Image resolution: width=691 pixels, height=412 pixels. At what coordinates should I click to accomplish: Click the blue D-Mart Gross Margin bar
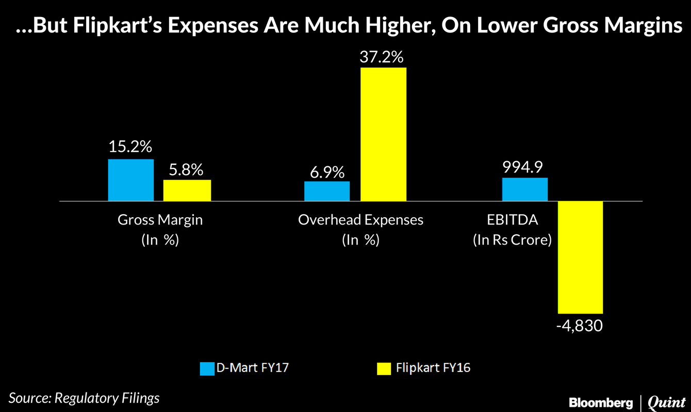coord(131,180)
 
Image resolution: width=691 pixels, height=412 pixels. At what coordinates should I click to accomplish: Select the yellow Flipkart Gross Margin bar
coord(187,190)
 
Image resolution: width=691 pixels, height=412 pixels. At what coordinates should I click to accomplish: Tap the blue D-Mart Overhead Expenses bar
coord(327,191)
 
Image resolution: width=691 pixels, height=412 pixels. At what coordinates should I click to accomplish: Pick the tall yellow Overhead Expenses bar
coord(383,134)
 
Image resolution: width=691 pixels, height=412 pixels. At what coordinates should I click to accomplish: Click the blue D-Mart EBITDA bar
coord(525,189)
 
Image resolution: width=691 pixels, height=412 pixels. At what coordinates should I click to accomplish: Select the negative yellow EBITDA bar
coord(581,256)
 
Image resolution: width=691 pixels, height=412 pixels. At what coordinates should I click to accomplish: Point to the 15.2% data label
coord(130,147)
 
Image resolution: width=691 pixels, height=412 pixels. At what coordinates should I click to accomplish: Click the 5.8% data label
coord(186,169)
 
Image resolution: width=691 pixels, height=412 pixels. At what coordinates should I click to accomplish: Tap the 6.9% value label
coord(327,171)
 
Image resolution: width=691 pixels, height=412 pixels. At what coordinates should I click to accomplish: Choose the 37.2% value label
coord(382,57)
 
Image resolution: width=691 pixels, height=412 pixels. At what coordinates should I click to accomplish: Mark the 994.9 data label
coord(524,167)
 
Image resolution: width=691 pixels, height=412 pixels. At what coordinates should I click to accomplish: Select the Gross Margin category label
coord(160,220)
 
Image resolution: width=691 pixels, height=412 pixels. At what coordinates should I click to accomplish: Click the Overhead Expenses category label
coord(360,220)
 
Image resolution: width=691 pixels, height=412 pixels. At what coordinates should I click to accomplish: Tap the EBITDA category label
coord(512,220)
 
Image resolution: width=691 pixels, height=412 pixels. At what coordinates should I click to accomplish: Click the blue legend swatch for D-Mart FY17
coord(207,368)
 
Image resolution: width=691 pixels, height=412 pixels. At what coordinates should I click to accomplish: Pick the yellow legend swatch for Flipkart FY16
coord(384,368)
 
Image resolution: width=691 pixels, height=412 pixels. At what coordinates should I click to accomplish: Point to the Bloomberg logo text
coord(600,401)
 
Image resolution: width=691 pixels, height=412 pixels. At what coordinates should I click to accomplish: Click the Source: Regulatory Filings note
coord(84,398)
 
